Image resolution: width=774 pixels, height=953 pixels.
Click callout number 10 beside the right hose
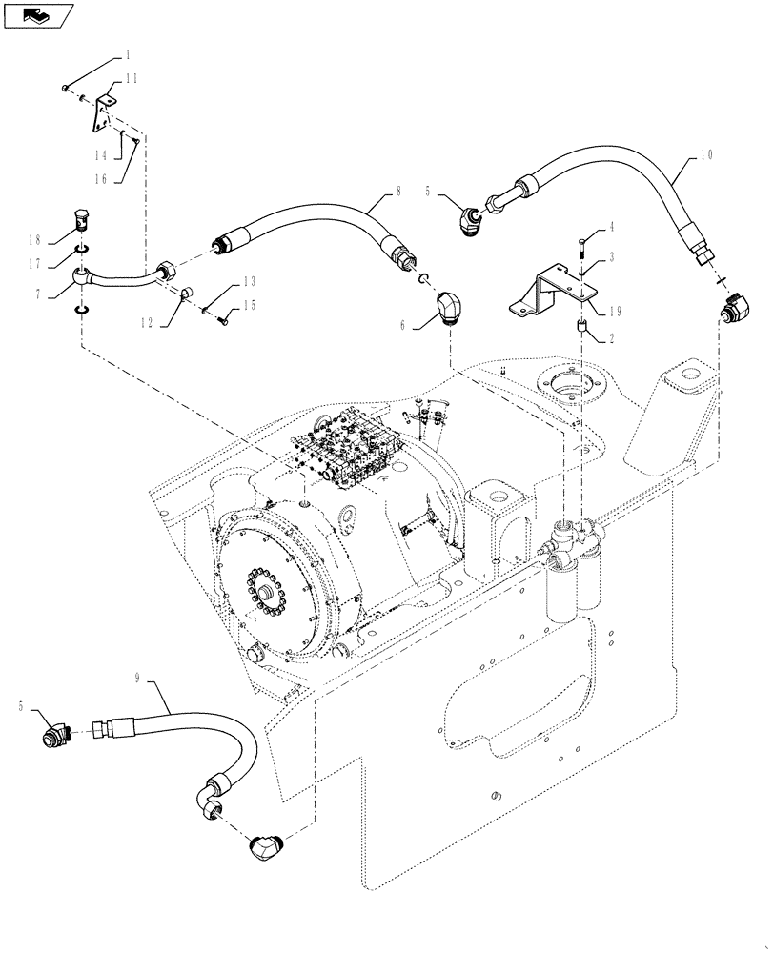pyautogui.click(x=706, y=154)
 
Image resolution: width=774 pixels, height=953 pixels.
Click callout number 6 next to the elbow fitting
pyautogui.click(x=403, y=325)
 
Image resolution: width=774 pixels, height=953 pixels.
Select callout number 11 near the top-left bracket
pyautogui.click(x=132, y=80)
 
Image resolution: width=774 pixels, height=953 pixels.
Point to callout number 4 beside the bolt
pyautogui.click(x=611, y=226)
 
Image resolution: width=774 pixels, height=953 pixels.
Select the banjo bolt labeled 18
pyautogui.click(x=83, y=222)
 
